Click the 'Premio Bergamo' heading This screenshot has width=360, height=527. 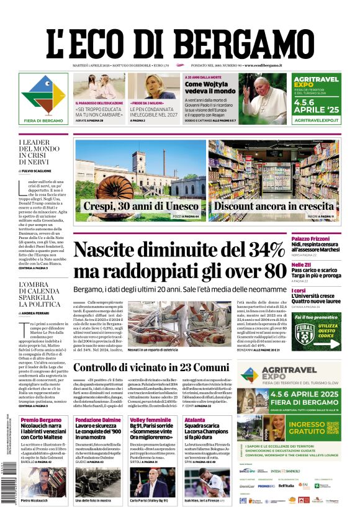click(x=41, y=420)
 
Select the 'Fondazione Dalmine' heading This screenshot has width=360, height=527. click(x=99, y=420)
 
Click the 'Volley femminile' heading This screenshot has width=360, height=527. click(x=148, y=420)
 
